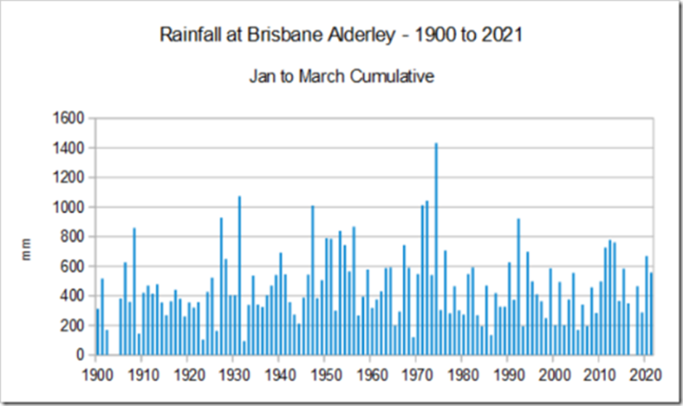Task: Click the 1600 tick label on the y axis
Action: tap(71, 119)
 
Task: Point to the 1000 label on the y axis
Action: tap(71, 207)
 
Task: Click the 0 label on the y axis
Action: tap(82, 355)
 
